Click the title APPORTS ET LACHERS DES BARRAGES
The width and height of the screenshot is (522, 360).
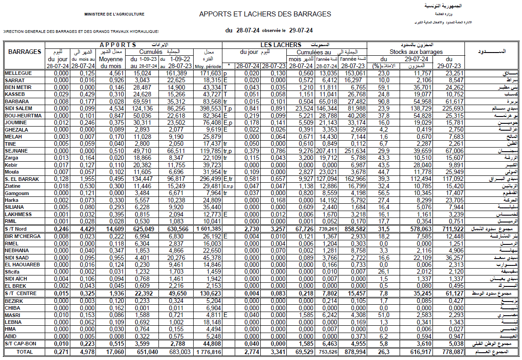click(265, 14)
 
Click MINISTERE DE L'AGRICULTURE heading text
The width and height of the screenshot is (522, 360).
click(114, 15)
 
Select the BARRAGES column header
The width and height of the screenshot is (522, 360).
click(25, 52)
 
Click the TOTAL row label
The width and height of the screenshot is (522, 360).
click(25, 352)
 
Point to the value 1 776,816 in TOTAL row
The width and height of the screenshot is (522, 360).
click(208, 352)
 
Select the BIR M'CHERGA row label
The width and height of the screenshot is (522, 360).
click(22, 236)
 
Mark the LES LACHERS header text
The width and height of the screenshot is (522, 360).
click(281, 45)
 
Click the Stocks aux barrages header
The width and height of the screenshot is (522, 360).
click(416, 52)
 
